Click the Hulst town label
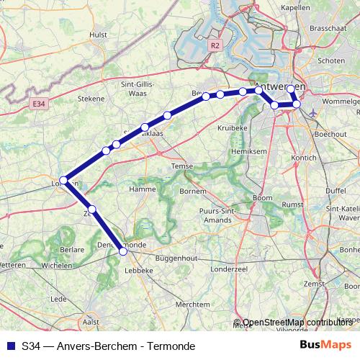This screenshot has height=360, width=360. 99,34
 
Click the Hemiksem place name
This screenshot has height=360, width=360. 245,152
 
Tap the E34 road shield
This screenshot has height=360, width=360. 40,104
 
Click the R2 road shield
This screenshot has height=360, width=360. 215,45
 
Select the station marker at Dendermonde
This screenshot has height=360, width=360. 123,251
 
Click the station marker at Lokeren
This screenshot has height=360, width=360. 63,180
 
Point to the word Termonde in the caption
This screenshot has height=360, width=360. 171,346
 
